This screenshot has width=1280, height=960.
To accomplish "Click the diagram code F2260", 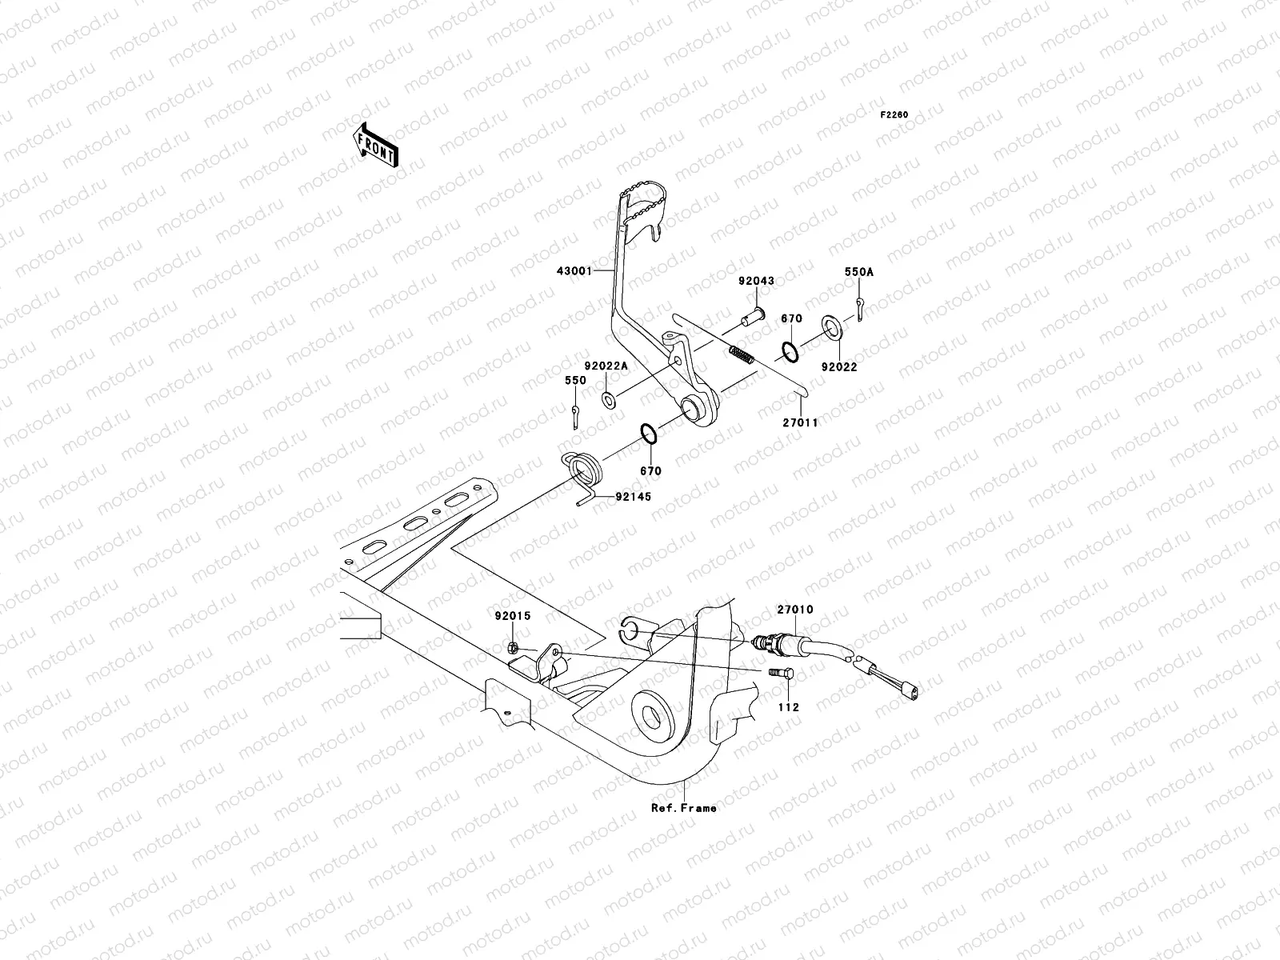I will (894, 115).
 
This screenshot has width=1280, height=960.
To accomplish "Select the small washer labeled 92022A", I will (608, 398).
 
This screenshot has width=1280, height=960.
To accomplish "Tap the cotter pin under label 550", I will (577, 415).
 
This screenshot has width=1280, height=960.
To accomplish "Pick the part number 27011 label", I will (800, 422).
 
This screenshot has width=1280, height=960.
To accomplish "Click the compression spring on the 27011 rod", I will (742, 354).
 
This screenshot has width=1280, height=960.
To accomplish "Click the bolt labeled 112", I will (784, 678).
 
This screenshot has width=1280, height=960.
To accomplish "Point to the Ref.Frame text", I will (683, 808).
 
